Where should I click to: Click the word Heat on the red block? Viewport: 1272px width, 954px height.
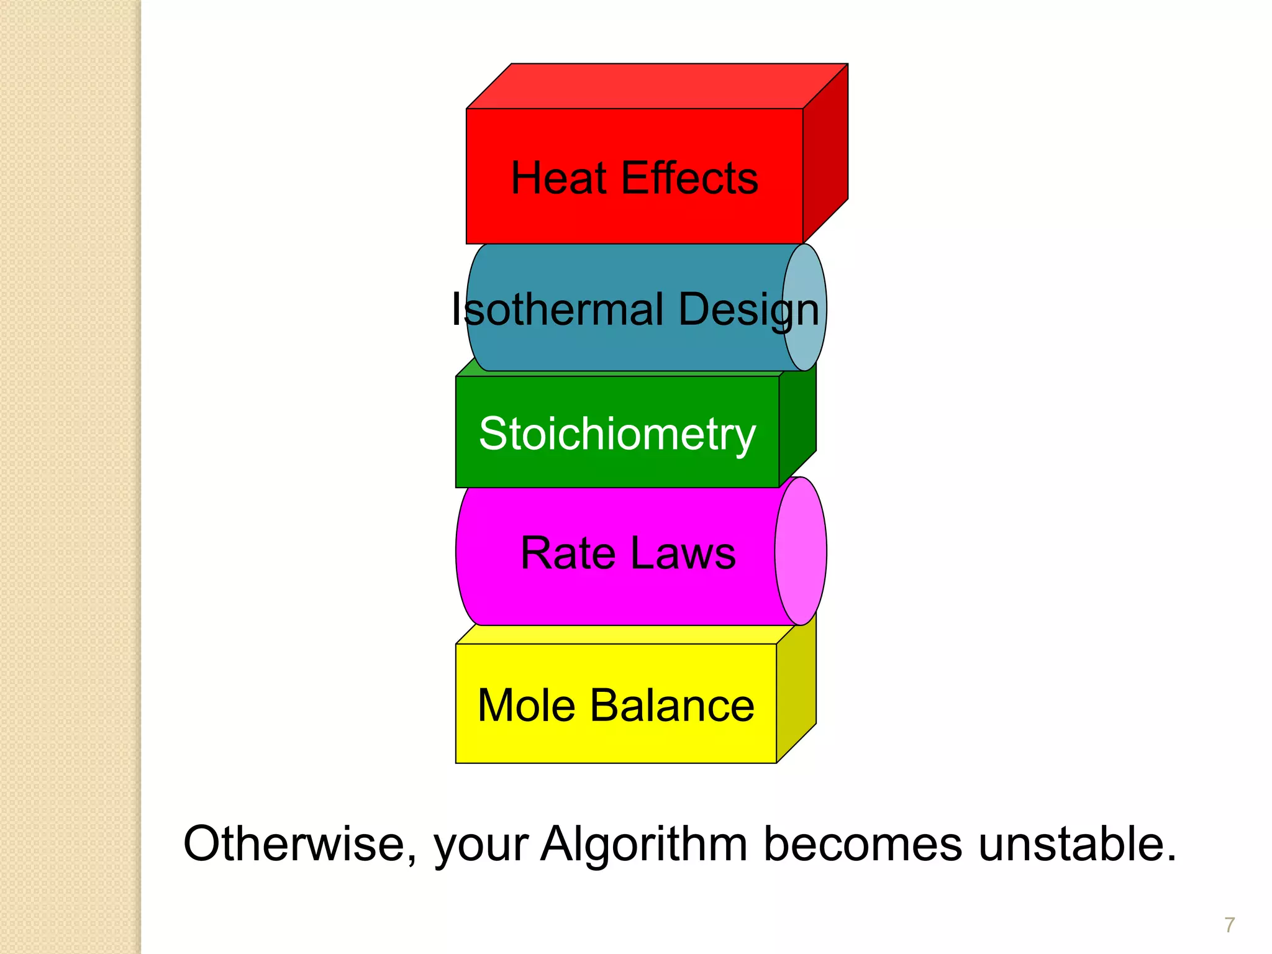point(558,178)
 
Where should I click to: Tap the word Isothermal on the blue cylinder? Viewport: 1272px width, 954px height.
point(558,309)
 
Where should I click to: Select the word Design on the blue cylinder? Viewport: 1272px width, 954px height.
point(748,309)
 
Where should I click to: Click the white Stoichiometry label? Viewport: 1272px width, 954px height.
point(617,434)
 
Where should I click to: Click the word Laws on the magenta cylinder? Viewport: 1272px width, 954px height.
point(683,553)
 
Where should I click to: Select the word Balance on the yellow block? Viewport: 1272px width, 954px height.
point(672,706)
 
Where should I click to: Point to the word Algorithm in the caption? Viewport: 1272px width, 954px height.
point(644,845)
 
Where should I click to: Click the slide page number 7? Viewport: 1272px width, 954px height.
point(1229,925)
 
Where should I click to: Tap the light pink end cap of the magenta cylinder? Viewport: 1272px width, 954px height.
point(801,551)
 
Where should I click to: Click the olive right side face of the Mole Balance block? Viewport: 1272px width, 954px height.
point(796,689)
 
